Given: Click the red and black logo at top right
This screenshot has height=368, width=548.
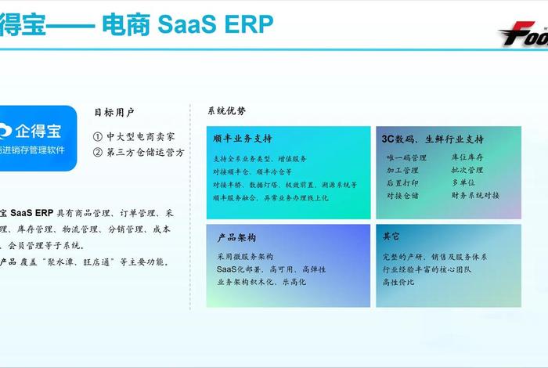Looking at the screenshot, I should pos(522,35).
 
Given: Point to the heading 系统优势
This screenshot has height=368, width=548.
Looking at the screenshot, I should pos(227,111).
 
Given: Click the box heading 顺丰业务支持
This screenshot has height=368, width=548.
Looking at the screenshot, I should pos(243,139).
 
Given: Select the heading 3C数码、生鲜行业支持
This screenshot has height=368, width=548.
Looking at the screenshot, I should pos(432,139).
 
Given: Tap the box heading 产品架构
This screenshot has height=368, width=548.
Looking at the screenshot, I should pos(236,237).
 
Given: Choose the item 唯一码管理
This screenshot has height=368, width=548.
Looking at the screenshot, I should pos(406,158).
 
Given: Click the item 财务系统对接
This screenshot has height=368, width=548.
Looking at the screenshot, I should pos(475,195).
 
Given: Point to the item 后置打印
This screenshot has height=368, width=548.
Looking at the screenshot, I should pos(402,182).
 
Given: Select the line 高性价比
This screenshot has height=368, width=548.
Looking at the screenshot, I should pos(398,282).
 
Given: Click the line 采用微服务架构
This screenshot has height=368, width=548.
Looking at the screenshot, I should pos(244,256).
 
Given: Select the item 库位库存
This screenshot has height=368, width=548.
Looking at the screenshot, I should pos(467,158).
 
